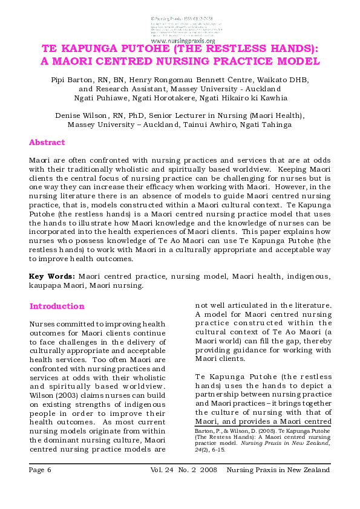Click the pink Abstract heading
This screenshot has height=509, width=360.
click(47, 143)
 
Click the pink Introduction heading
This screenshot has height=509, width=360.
click(57, 306)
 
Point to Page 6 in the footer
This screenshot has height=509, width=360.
click(41, 470)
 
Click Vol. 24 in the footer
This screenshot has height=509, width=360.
click(162, 470)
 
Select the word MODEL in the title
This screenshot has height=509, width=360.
click(296, 61)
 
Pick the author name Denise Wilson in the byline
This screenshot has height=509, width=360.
click(79, 115)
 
